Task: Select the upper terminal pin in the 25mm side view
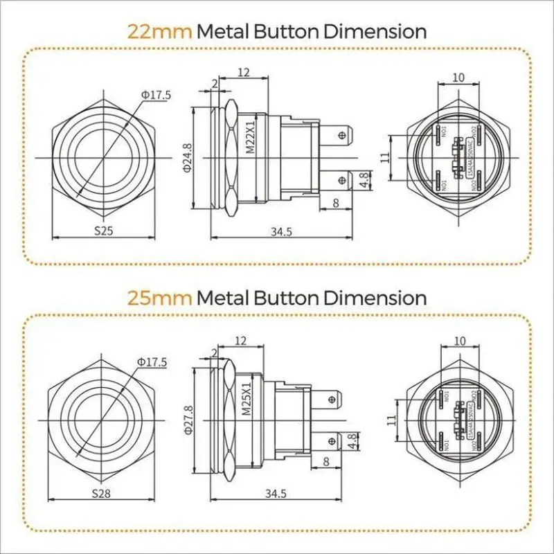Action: pyautogui.click(x=332, y=398)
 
